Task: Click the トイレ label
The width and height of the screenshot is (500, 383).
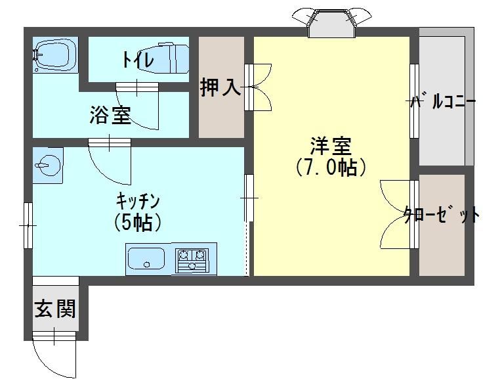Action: (x=137, y=60)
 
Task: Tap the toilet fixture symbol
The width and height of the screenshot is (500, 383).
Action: (x=173, y=57)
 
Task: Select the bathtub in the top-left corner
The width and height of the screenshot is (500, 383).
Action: (x=54, y=54)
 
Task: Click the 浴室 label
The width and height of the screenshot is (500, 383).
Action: (x=110, y=116)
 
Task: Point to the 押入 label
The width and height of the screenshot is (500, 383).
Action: (x=220, y=87)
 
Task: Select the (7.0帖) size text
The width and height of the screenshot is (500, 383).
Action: (x=330, y=168)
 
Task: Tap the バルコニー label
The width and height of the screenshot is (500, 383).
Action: (x=444, y=102)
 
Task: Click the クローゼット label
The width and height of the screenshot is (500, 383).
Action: (x=441, y=214)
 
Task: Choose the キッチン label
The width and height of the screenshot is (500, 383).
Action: (x=138, y=200)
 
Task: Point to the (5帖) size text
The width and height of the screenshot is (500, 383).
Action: (x=137, y=222)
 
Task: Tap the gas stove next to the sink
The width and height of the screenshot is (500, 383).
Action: (x=194, y=258)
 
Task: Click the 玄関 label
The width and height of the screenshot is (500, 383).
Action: (x=55, y=307)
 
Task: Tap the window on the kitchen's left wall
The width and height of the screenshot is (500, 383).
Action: (x=28, y=225)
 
